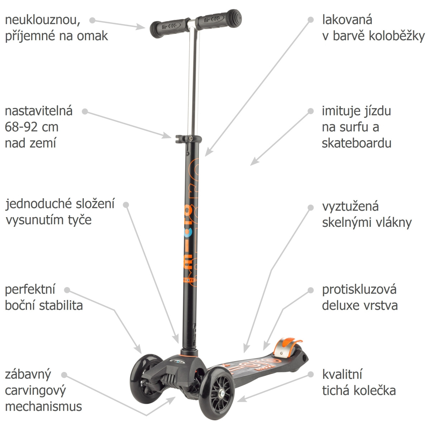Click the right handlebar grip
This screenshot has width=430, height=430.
click(x=219, y=19)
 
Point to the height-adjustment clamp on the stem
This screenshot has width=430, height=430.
click(x=188, y=139)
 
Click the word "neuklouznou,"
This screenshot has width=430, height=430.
click(x=43, y=20)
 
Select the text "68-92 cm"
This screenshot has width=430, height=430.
click(x=32, y=127)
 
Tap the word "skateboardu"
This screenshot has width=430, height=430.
click(x=356, y=143)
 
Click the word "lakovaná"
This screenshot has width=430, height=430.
click(x=347, y=20)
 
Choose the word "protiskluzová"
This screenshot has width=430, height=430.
click(x=359, y=290)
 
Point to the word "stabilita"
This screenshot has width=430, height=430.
click(x=61, y=306)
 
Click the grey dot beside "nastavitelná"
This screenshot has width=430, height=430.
click(x=85, y=111)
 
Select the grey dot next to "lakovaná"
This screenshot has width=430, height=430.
click(x=311, y=20)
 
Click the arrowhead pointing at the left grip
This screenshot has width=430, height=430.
click(x=141, y=27)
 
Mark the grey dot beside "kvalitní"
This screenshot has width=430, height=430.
click(x=311, y=374)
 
